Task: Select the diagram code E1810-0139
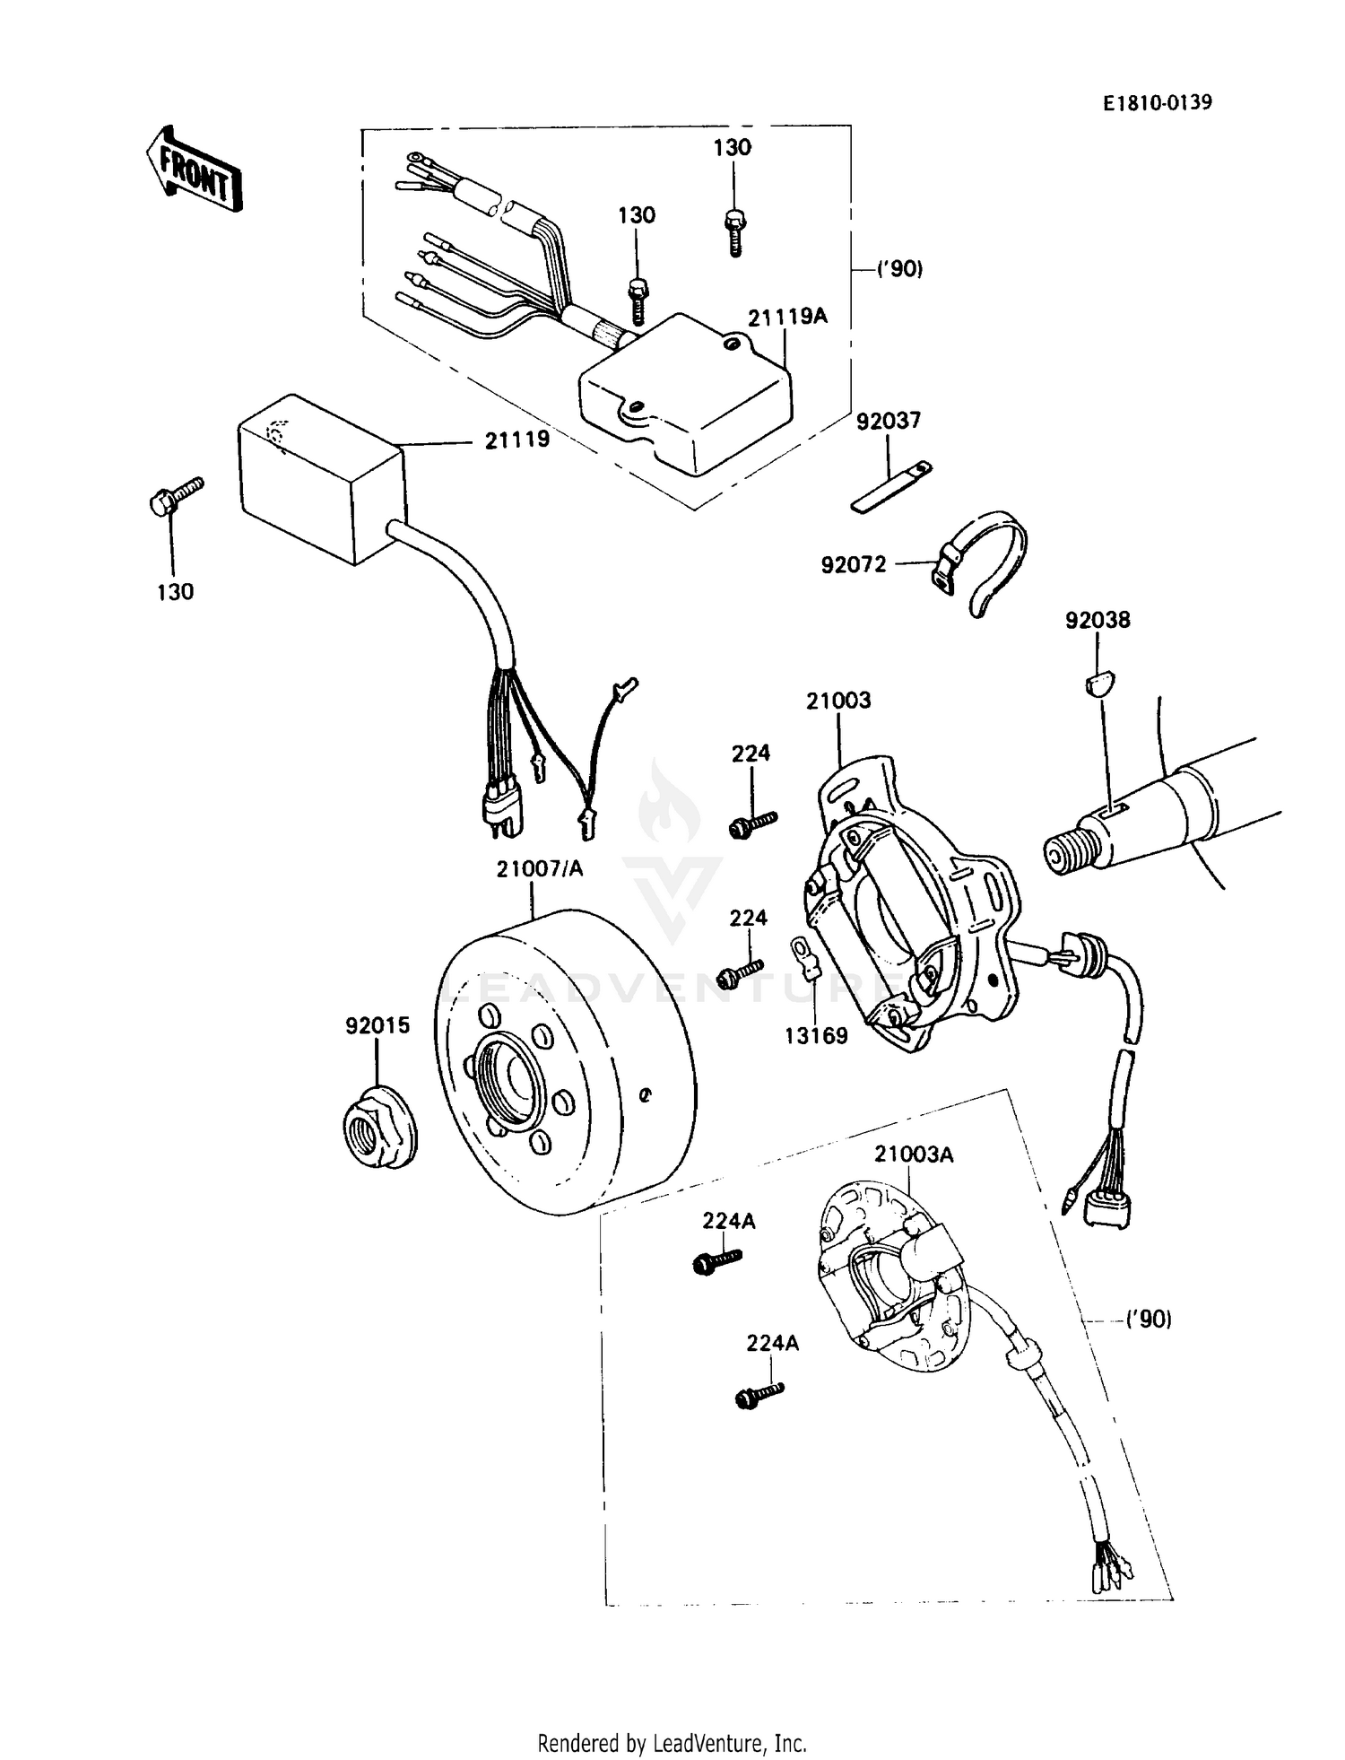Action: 1158,103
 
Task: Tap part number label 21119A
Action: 788,316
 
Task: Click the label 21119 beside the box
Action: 517,440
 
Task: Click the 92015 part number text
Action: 377,1025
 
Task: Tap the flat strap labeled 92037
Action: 891,486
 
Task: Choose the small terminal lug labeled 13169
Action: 804,957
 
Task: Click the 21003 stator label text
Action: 838,701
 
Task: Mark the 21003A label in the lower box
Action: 914,1154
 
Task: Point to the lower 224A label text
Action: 773,1343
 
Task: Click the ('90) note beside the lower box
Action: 1149,1320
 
